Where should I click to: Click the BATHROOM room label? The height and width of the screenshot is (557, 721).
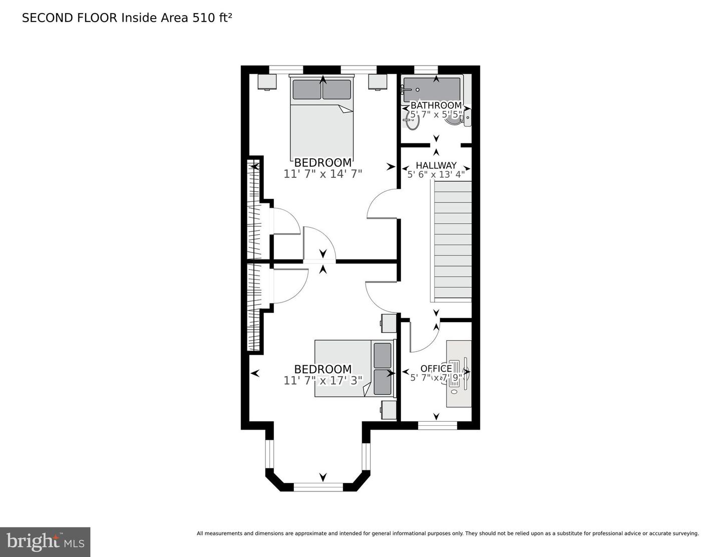[436, 105]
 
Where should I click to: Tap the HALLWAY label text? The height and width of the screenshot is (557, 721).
[436, 165]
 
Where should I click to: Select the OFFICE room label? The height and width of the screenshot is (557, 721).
[436, 369]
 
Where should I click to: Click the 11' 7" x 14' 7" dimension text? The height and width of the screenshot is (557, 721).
[322, 174]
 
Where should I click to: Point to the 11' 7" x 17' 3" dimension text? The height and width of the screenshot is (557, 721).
[322, 380]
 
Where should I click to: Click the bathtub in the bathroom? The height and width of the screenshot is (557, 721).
[432, 90]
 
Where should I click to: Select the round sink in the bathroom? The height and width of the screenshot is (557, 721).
[412, 122]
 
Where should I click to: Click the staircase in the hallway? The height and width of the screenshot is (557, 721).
[452, 240]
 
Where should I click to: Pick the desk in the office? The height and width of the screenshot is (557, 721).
[459, 374]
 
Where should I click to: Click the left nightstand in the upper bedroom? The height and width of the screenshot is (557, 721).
[267, 82]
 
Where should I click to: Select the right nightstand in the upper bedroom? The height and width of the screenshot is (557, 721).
[378, 82]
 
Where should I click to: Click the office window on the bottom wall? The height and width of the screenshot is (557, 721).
[438, 426]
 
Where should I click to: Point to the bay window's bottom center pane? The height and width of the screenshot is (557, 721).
[318, 486]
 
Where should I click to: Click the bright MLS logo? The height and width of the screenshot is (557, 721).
[45, 542]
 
